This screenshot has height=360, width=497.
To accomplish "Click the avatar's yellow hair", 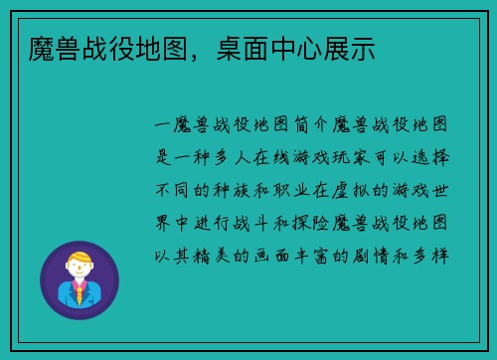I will click(x=80, y=260).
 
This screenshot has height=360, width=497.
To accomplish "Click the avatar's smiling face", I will click(x=79, y=271).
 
